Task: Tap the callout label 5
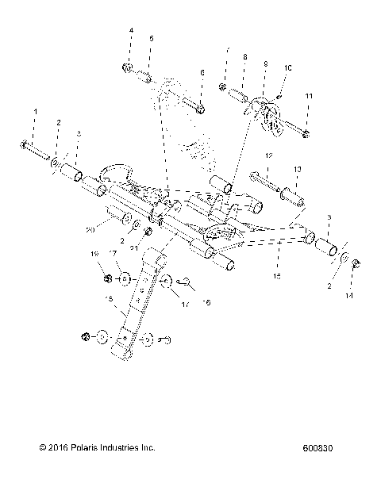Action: [x=151, y=38]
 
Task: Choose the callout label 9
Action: [x=265, y=63]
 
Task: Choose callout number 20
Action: [x=89, y=229]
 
